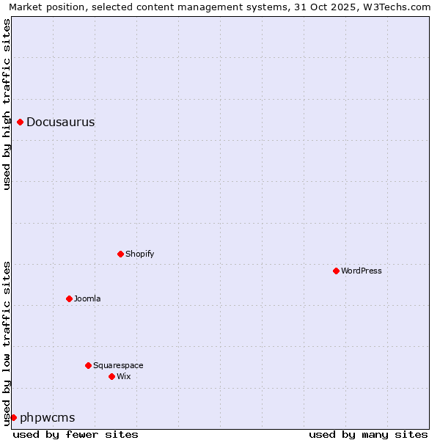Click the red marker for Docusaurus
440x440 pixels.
pos(21,122)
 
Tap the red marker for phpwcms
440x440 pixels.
pos(13,417)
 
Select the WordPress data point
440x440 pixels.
pos(336,271)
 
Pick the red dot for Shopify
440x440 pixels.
pos(120,254)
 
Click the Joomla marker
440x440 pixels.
pos(69,298)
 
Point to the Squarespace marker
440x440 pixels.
pos(88,365)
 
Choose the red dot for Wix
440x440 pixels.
pos(111,376)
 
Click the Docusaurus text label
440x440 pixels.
pos(60,122)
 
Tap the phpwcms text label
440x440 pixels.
pos(47,418)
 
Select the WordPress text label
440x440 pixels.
pos(362,271)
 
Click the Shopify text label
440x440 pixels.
pos(139,254)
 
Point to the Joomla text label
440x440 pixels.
pos(87,299)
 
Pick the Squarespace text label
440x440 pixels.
pos(118,366)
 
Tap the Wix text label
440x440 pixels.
pos(123,377)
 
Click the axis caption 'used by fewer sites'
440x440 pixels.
pos(76,434)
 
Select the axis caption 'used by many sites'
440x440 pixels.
pos(368,434)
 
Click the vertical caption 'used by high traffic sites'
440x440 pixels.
pos(7,105)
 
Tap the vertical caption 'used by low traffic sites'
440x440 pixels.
pos(7,343)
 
